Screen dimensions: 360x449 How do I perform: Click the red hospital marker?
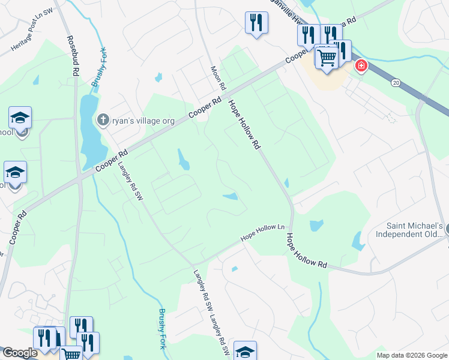[x=361, y=65]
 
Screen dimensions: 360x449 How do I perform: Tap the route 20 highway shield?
[x=396, y=81]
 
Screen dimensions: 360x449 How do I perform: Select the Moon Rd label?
[x=217, y=78]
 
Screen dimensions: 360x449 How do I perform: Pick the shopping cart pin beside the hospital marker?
[x=327, y=59]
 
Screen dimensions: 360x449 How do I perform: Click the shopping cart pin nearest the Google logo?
[x=71, y=354]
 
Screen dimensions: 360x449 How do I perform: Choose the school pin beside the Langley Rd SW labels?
[x=245, y=351]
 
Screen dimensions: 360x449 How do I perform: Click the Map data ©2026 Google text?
[x=411, y=355]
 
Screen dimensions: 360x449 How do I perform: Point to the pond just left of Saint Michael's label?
[x=358, y=241]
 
